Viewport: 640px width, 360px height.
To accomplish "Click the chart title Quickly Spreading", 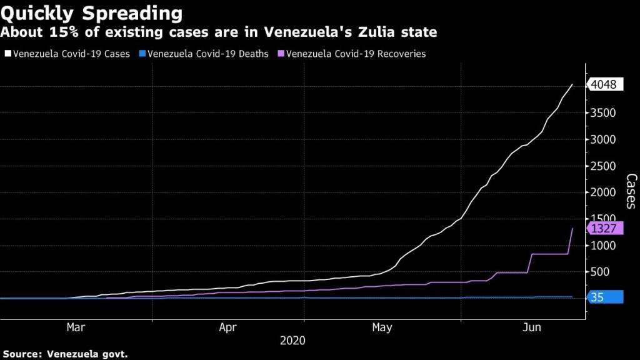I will point(92,13).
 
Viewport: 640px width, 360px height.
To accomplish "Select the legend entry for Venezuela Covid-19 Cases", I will point(67,54).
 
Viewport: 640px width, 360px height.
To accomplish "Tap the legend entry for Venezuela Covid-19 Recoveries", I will point(352,54).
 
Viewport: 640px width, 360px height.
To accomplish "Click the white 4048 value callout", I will point(606,85).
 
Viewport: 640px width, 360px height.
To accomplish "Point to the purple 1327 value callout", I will point(606,228).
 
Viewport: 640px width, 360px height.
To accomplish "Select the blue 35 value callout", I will point(606,298).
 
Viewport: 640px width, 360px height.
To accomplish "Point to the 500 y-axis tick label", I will point(599,272).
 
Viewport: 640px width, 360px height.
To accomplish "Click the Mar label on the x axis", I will point(76,327).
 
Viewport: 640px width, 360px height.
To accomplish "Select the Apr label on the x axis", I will point(228,327).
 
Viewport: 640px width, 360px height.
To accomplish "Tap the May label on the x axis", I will point(382,327).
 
